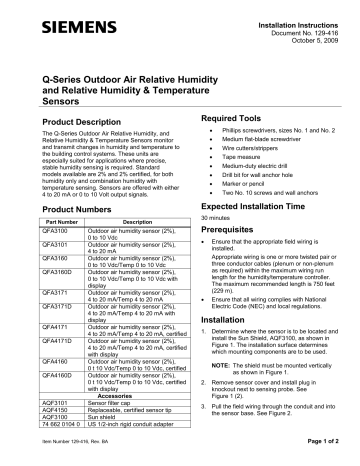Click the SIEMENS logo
tap(50, 17)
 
